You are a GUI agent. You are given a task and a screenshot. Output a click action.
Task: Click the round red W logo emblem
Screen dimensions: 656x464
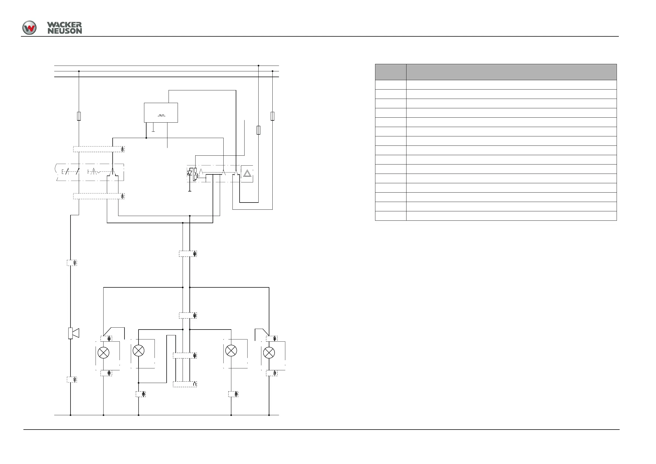point(29,28)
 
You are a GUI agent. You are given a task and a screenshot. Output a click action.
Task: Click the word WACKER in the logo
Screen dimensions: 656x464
point(64,25)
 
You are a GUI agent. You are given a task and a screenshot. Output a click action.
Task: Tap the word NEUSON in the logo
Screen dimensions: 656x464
point(64,31)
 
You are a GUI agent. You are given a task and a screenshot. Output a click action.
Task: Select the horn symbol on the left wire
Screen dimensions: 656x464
point(74,333)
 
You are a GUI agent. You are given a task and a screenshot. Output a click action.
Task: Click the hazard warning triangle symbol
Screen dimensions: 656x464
point(247,173)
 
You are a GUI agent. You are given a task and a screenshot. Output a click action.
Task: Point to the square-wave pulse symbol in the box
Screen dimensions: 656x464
point(161,115)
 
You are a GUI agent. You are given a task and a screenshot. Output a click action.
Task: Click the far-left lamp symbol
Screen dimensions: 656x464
point(104,353)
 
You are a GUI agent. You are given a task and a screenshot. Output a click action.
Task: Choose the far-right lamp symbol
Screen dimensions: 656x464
point(269,353)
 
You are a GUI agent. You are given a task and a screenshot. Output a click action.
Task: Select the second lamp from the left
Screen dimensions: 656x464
point(139,350)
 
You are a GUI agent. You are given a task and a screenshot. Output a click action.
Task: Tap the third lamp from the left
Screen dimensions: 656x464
point(231,350)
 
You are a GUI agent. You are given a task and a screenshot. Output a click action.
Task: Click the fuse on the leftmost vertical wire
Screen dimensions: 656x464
point(79,116)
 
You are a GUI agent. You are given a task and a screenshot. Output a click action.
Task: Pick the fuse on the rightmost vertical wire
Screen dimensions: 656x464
point(272,116)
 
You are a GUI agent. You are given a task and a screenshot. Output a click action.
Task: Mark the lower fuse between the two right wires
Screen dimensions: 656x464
point(258,130)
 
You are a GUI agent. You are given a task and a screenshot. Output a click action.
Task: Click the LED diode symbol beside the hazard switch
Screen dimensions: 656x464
point(189,173)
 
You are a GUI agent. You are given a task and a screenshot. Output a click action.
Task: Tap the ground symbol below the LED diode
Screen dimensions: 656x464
point(189,190)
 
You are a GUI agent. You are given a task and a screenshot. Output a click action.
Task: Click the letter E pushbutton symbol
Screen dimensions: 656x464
point(63,172)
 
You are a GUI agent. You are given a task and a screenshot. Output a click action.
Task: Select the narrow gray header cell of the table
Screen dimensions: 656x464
point(391,72)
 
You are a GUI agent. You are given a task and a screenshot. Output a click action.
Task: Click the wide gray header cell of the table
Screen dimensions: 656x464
point(511,72)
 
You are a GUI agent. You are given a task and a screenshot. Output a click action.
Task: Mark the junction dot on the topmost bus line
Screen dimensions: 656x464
point(258,66)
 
